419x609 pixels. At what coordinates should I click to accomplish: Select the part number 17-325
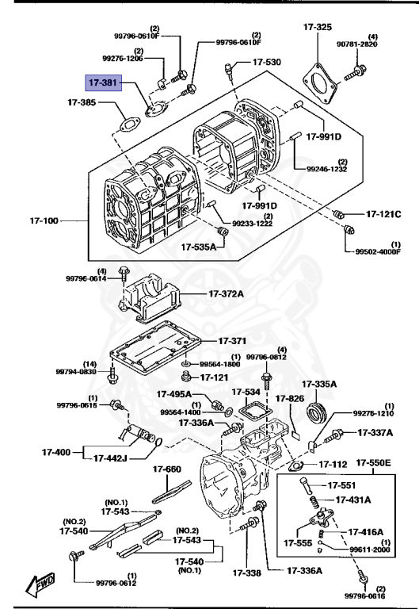(318, 28)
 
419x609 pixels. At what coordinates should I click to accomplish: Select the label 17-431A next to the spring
(356, 500)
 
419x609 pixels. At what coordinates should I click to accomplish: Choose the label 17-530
(266, 62)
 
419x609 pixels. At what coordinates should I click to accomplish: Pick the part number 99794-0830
(76, 371)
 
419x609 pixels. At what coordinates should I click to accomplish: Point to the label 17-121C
(383, 214)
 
